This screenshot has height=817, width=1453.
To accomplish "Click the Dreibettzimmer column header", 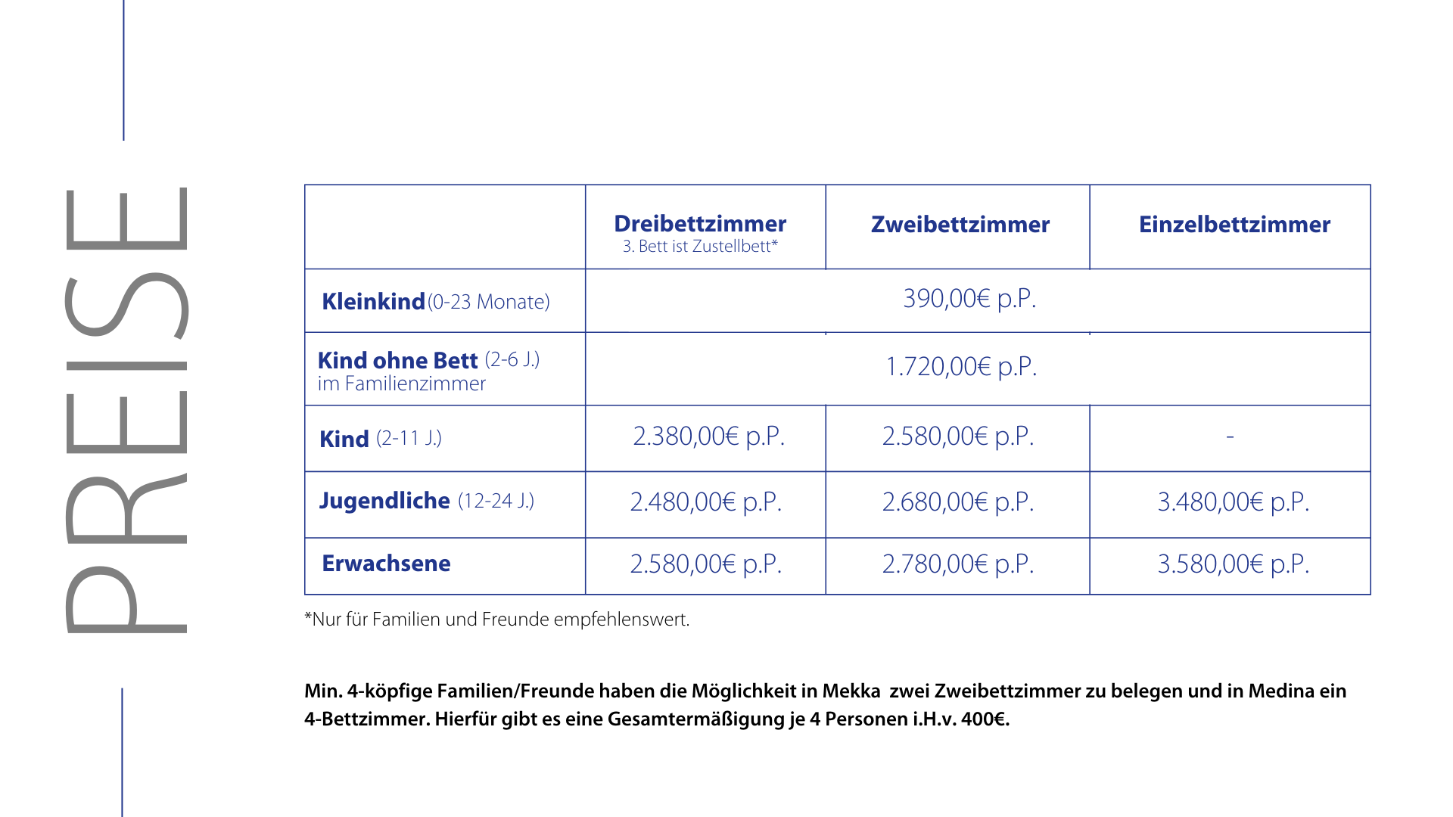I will [x=700, y=224].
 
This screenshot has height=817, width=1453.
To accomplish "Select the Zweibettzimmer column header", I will [x=960, y=225].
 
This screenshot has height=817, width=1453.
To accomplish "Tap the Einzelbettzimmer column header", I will [x=1234, y=225].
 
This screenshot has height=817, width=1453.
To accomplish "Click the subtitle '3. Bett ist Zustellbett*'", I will [x=700, y=247].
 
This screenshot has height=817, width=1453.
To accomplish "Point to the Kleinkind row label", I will [x=373, y=302].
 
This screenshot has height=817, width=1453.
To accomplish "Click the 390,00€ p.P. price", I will [x=969, y=299].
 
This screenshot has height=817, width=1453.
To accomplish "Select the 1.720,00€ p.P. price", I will [x=961, y=367].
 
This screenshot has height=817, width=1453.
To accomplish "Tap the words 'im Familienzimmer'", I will [x=401, y=384].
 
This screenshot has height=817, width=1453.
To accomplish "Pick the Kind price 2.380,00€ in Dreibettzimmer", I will [x=708, y=436].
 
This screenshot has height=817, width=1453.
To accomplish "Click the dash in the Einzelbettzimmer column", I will [x=1230, y=436].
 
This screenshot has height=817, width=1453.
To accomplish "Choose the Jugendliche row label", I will [x=384, y=501].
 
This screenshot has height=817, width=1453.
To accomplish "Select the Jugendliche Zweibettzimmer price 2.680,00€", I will [x=958, y=502].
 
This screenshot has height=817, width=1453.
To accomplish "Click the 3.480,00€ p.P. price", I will [x=1234, y=502].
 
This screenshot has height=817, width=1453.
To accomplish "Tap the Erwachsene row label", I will [x=386, y=564].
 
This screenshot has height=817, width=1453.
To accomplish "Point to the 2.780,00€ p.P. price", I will [x=958, y=564].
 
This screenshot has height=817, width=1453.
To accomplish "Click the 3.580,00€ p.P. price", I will [x=1234, y=564].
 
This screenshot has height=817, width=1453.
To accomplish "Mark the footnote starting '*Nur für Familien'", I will [x=496, y=620].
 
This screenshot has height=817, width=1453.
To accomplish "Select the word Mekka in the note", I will [x=851, y=691].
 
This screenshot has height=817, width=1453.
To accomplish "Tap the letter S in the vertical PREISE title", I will [x=126, y=304].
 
